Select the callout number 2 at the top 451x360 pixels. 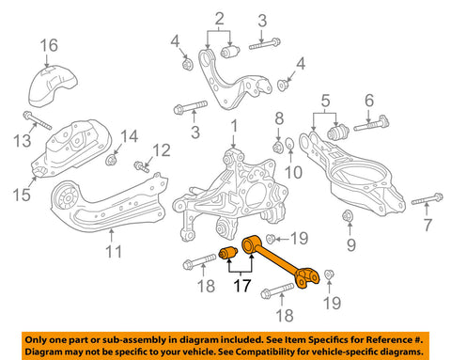coord(219,17)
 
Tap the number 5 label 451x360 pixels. coord(324,101)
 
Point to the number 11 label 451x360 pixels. coord(113,251)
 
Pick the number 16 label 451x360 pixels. coord(48,45)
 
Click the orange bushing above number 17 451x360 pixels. coord(227,254)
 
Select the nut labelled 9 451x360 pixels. coord(349,217)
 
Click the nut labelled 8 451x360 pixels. coord(278,146)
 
